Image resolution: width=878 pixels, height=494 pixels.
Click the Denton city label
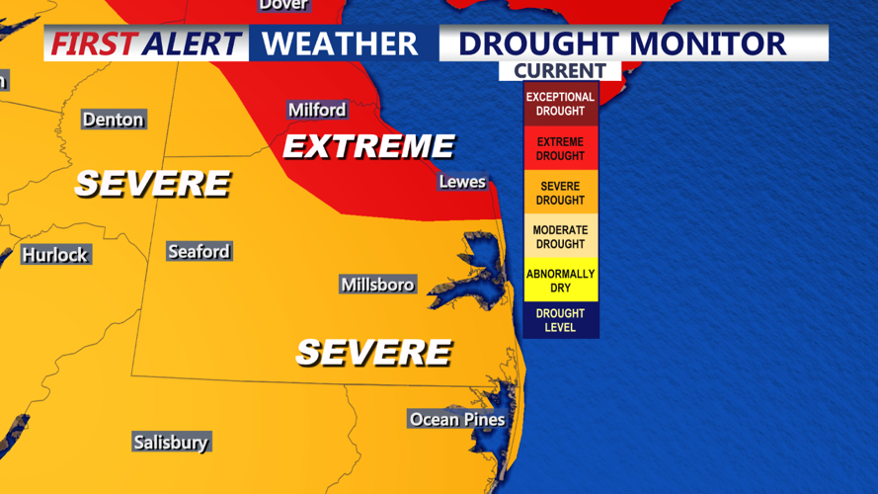point(114,120)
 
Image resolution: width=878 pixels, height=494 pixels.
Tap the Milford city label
point(317,110)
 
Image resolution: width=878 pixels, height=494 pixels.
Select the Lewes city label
point(462,182)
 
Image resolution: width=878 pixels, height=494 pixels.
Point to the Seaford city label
point(199,252)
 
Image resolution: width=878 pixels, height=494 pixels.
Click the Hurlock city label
point(55,255)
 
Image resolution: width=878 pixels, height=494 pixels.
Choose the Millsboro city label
point(377,285)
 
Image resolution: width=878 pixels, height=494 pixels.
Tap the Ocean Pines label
point(457,420)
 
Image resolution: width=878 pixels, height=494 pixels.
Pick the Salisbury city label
point(171,443)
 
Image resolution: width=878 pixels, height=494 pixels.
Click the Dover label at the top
point(283,5)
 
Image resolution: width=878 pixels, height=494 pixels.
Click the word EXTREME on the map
point(368,147)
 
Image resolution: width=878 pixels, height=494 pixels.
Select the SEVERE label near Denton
point(152,184)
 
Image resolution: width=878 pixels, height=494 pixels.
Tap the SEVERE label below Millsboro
point(373,352)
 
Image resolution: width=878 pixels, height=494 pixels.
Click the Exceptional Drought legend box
point(560,104)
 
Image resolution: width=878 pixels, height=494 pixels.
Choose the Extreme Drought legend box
point(560,149)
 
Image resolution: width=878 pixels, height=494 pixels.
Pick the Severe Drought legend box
point(560,194)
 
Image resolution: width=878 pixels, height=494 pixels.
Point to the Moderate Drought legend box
point(560,237)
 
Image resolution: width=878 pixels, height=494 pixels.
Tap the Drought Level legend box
point(560,320)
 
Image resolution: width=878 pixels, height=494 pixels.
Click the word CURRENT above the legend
point(559,71)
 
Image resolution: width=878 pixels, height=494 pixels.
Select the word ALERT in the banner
point(192,44)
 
